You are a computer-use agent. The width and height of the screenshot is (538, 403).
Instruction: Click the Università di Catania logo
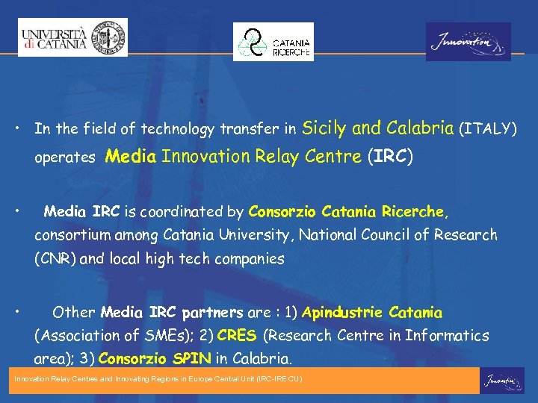pyautogui.click(x=73, y=37)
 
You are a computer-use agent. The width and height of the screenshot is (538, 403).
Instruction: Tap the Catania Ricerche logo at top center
pyautogui.click(x=273, y=42)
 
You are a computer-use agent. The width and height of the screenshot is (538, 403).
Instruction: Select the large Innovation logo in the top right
pyautogui.click(x=469, y=42)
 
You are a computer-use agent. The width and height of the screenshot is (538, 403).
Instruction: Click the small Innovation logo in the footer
pyautogui.click(x=501, y=381)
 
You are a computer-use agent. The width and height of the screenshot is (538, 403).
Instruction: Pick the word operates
pyautogui.click(x=64, y=158)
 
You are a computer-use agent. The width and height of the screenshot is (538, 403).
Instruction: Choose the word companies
pyautogui.click(x=250, y=259)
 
